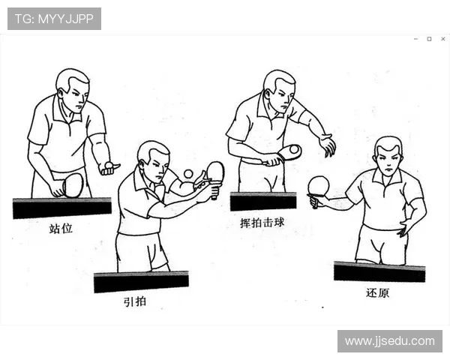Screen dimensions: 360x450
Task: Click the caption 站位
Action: [61, 228]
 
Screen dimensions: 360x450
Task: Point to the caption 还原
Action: [377, 292]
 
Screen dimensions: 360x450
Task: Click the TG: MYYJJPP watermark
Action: [54, 19]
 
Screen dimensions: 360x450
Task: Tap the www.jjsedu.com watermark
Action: [389, 340]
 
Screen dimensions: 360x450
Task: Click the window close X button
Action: [442, 39]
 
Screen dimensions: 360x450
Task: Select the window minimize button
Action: [415, 39]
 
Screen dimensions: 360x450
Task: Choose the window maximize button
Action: [429, 39]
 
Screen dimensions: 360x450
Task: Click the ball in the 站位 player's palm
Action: [109, 164]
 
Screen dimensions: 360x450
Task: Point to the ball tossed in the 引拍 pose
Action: [188, 174]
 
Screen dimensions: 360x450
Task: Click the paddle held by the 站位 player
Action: [72, 184]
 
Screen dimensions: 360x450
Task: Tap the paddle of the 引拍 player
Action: [215, 172]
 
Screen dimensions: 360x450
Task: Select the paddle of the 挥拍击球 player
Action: [289, 152]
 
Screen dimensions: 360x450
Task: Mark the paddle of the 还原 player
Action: [319, 186]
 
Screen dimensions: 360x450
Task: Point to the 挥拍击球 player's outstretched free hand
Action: [327, 145]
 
